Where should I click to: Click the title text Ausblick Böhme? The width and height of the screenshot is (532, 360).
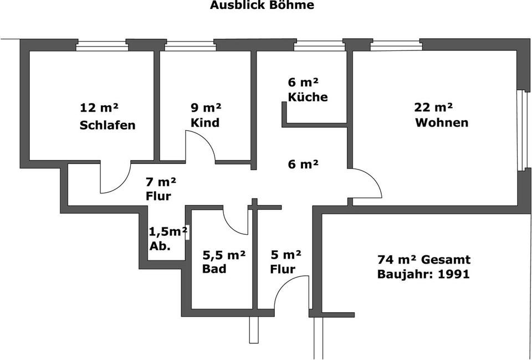262,6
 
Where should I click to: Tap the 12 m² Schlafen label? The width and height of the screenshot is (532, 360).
108,116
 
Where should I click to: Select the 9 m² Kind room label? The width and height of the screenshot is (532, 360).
206,115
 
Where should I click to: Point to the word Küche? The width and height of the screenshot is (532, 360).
308,97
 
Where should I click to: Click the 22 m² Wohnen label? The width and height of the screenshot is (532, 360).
441,115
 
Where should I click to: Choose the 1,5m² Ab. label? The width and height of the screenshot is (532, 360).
167,239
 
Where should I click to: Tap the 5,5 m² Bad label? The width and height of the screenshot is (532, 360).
223,262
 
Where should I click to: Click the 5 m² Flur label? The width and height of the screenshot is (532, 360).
285,262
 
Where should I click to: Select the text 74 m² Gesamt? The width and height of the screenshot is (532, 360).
424,259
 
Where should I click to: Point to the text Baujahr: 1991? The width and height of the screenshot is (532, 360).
423,274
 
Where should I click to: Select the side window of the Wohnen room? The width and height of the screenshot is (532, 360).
520,130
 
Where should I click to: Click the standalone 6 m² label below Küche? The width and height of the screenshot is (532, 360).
303,164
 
